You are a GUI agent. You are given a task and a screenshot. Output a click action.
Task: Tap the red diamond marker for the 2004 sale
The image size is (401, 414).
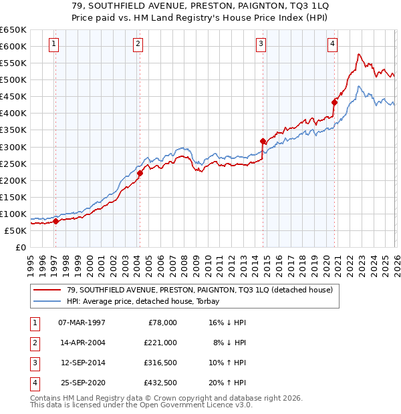(x=140, y=174)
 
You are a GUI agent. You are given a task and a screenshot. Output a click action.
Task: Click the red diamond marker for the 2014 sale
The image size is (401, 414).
(x=263, y=141)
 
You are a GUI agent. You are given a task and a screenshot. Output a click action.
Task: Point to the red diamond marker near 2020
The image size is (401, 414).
(x=334, y=102)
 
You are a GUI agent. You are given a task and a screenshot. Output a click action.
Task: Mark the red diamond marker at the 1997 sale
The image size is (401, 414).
(x=55, y=222)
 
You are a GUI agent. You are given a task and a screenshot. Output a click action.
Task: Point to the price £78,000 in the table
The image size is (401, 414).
(x=162, y=322)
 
